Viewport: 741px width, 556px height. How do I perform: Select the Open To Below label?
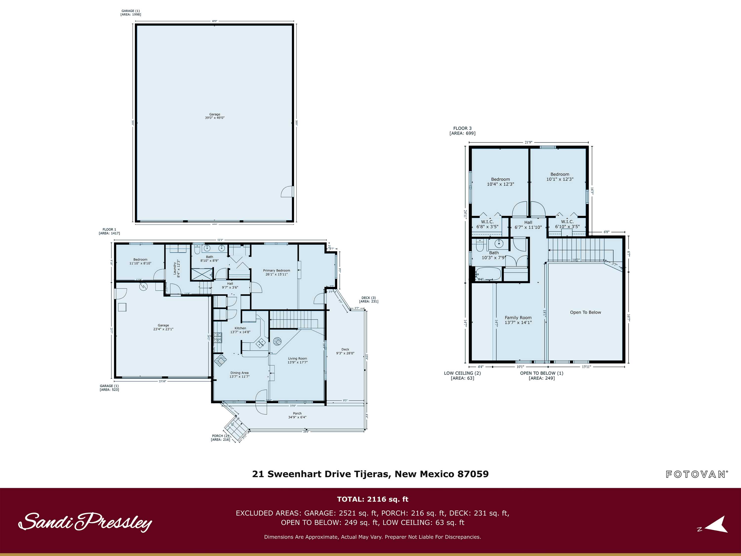(x=585, y=312)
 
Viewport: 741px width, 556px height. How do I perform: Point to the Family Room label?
(x=518, y=320)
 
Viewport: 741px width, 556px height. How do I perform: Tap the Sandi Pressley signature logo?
(x=85, y=522)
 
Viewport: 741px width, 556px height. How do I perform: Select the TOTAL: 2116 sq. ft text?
(x=372, y=499)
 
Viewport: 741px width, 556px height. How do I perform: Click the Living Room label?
(x=297, y=360)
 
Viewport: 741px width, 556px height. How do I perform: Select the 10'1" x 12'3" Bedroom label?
(x=560, y=177)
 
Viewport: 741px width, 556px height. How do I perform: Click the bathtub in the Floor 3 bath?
(x=488, y=274)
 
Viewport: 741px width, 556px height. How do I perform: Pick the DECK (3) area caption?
(x=369, y=299)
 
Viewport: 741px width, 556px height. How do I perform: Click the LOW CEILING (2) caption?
(x=462, y=375)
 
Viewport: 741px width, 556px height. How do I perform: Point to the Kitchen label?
(x=240, y=330)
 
